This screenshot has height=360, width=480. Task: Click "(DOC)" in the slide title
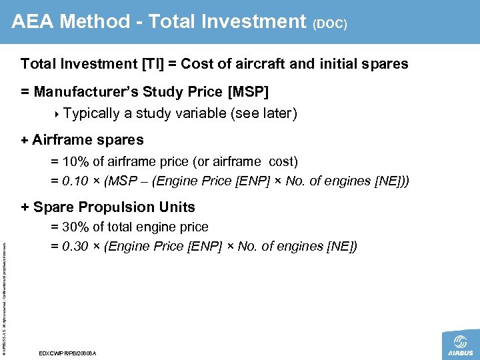(x=329, y=24)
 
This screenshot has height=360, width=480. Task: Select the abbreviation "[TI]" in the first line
(x=153, y=65)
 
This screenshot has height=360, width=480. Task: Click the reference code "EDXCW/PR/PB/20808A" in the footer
(x=68, y=353)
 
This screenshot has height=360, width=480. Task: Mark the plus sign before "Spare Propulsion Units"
(x=25, y=207)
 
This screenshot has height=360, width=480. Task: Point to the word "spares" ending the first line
(x=386, y=65)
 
